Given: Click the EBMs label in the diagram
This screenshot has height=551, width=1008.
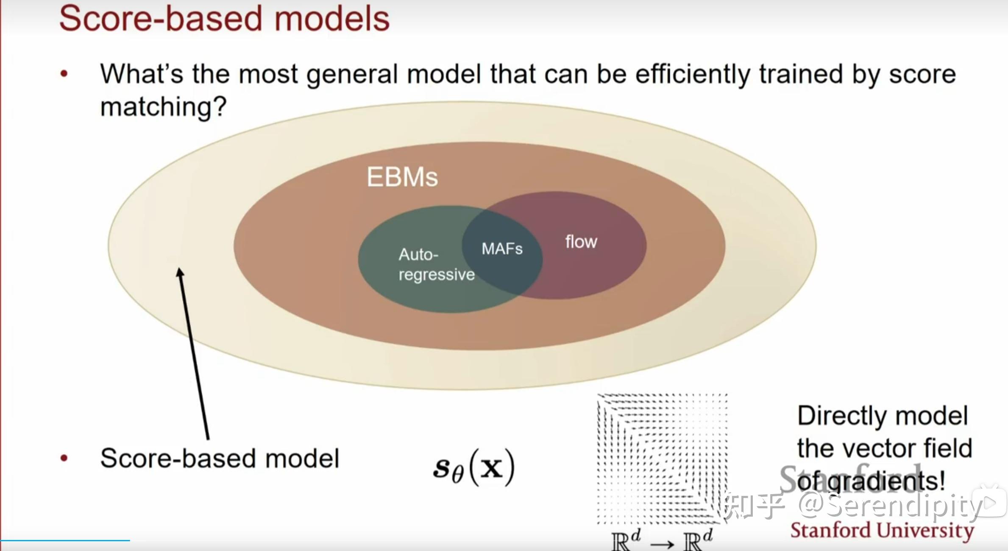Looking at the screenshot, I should click(x=402, y=177).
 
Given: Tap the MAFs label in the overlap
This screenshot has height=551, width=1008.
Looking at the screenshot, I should click(x=502, y=249).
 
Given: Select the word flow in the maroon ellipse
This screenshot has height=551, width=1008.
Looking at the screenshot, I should click(x=581, y=242).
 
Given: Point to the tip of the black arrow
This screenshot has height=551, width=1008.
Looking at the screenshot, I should click(x=180, y=270).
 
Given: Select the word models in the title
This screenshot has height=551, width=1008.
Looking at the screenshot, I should click(x=331, y=19).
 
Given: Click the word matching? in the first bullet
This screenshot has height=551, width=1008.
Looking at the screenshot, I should click(x=163, y=107).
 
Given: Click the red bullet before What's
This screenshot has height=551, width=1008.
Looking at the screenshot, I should click(x=64, y=74).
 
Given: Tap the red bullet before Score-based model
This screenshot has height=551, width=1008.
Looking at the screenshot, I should click(x=64, y=458).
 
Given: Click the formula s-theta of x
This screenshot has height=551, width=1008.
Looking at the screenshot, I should click(x=473, y=468).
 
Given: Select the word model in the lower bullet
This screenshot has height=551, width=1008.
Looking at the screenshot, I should click(x=302, y=459).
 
